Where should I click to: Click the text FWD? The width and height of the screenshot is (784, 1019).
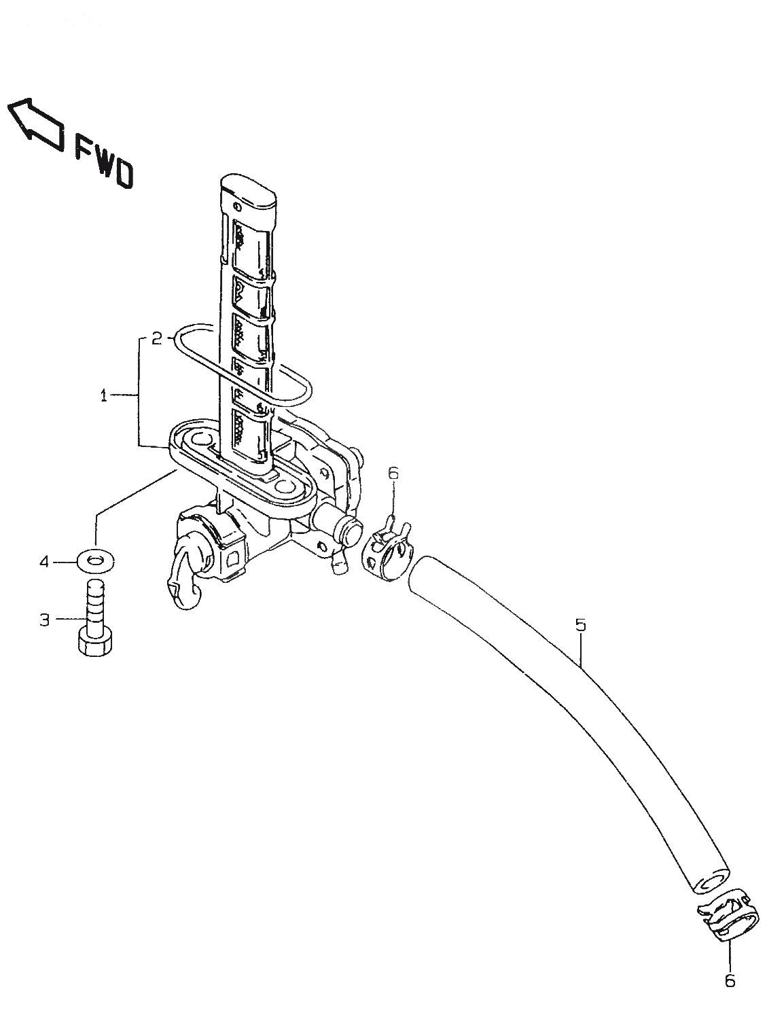click(x=104, y=161)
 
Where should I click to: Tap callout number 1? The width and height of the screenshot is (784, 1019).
click(x=103, y=396)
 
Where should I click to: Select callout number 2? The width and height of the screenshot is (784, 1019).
click(x=157, y=338)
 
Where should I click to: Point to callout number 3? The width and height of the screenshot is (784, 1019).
click(x=45, y=620)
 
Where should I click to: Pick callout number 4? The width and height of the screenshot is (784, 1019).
click(x=44, y=561)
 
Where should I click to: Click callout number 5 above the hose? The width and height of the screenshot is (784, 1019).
click(x=580, y=624)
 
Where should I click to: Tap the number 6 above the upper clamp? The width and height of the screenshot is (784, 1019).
click(x=393, y=473)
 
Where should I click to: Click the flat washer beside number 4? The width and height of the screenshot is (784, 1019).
click(x=95, y=560)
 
